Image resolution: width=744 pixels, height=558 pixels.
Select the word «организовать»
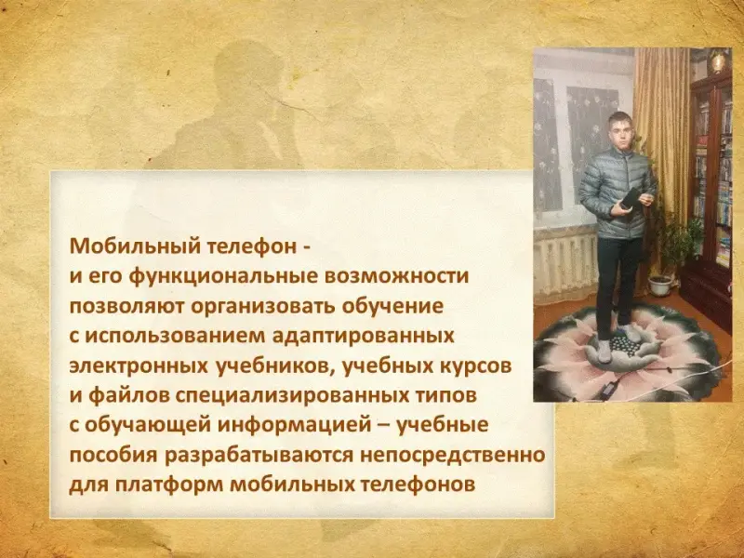263,306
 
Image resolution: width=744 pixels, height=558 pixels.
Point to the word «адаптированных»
364,336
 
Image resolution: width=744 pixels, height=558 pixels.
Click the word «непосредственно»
453,455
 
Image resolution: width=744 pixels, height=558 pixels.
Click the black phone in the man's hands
630,198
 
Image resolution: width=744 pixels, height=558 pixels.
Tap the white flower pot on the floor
660,286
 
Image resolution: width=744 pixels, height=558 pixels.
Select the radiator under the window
565,266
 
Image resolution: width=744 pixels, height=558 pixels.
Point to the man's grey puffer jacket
615,193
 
